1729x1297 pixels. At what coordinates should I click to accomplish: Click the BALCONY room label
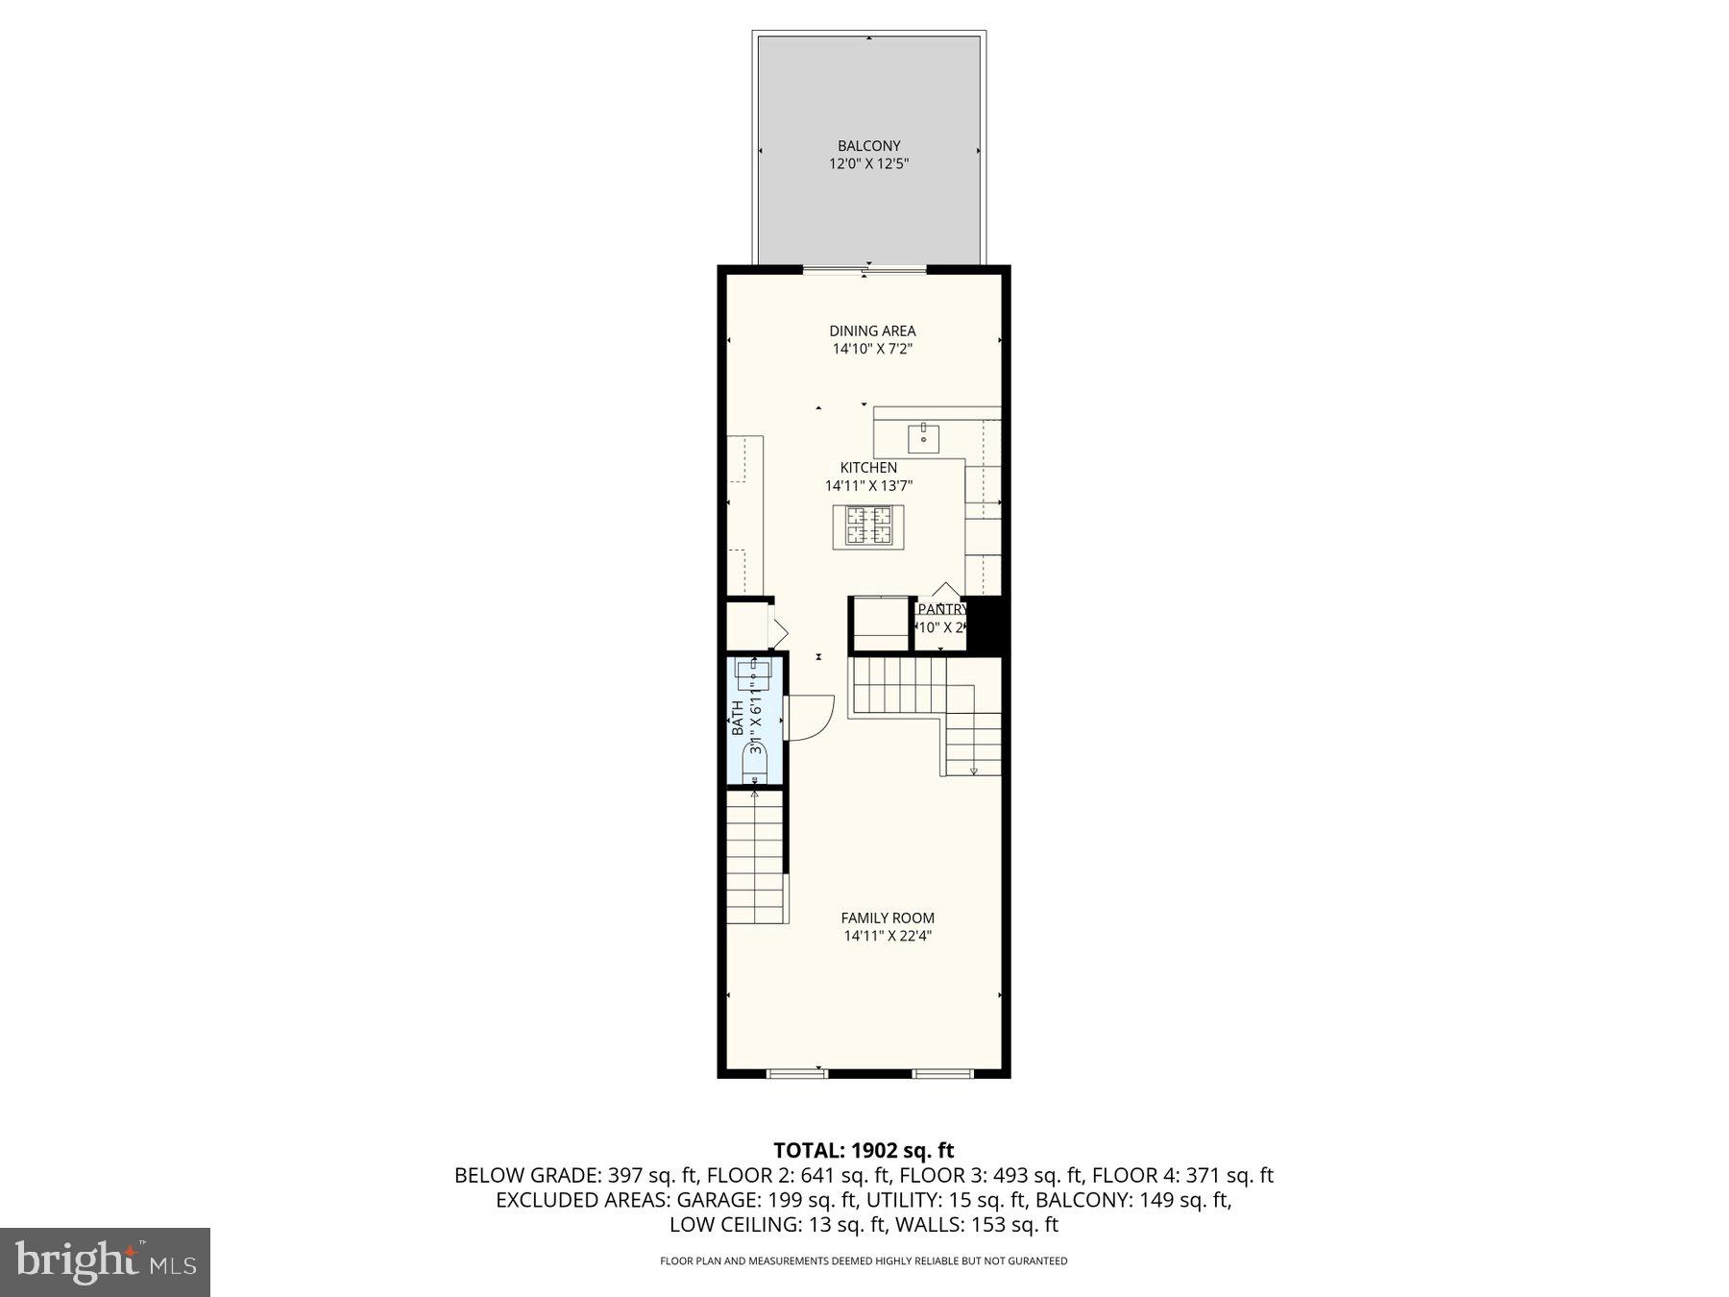pyautogui.click(x=868, y=146)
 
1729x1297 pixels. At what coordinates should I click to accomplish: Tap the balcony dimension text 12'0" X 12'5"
pyautogui.click(x=868, y=164)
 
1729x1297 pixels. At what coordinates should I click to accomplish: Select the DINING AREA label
pyautogui.click(x=872, y=330)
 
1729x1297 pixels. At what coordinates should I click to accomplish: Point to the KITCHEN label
pyautogui.click(x=868, y=468)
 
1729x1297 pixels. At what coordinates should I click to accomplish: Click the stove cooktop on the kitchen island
pyautogui.click(x=868, y=526)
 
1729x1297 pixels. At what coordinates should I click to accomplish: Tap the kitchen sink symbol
pyautogui.click(x=923, y=438)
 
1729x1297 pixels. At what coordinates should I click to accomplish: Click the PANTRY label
pyautogui.click(x=942, y=609)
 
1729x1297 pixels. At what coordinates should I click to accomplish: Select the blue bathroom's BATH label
pyautogui.click(x=738, y=718)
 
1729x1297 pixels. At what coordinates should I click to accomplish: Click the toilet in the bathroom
pyautogui.click(x=755, y=764)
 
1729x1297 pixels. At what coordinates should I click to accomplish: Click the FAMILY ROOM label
pyautogui.click(x=888, y=918)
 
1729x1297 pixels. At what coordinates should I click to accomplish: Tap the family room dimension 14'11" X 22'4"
pyautogui.click(x=888, y=936)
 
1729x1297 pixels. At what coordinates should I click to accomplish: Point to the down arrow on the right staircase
pyautogui.click(x=973, y=770)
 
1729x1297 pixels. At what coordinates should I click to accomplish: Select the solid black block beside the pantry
pyautogui.click(x=986, y=624)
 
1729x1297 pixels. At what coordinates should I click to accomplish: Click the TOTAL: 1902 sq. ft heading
pyautogui.click(x=864, y=1150)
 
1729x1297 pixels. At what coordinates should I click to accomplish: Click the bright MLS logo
pyautogui.click(x=105, y=1261)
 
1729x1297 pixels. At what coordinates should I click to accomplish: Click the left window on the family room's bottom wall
pyautogui.click(x=796, y=1072)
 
